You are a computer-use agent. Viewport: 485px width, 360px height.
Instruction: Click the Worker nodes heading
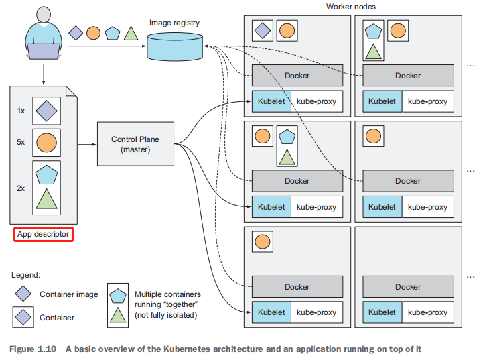[x=351, y=7]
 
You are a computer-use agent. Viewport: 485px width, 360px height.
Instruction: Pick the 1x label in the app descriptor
[x=21, y=111]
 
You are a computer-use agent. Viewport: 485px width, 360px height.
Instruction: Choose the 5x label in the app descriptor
[x=21, y=142]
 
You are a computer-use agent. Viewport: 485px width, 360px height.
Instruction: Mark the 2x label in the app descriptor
[x=21, y=188]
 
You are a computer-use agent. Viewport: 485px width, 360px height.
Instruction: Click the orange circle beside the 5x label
[x=46, y=142]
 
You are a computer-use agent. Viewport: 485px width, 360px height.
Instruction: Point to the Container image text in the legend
[x=68, y=294]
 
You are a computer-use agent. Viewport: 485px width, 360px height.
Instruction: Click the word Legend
[x=27, y=275]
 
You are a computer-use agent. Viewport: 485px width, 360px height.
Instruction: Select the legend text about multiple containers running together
[x=167, y=304]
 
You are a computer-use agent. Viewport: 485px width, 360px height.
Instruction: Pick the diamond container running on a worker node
[x=261, y=30]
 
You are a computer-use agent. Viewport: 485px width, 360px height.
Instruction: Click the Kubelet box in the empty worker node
[x=382, y=312]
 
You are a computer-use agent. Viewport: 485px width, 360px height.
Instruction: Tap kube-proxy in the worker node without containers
[x=427, y=312]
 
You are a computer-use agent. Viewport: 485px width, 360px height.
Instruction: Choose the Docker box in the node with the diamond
[x=297, y=76]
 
